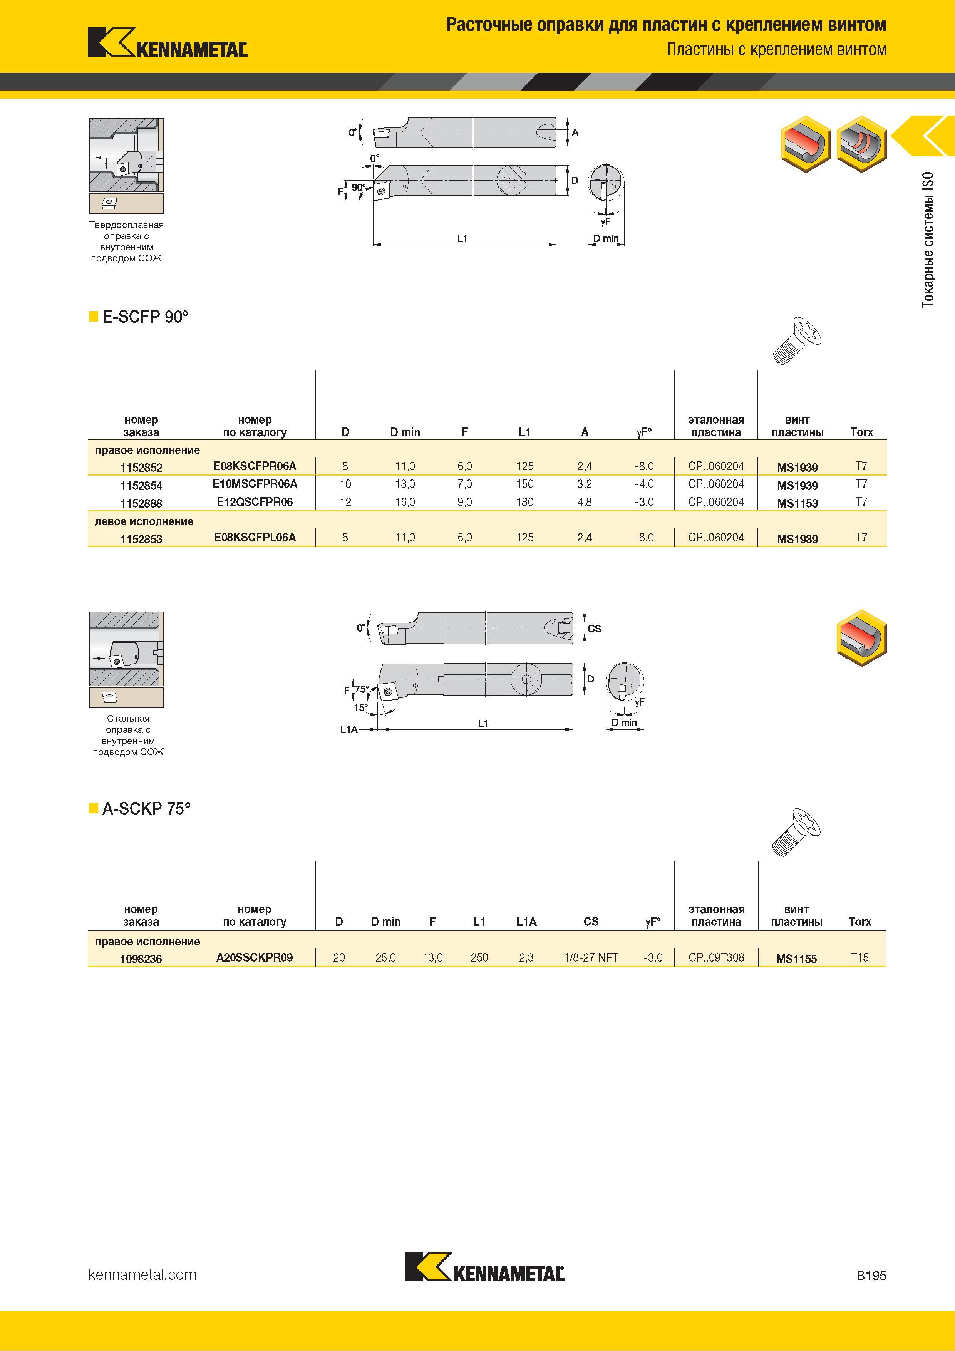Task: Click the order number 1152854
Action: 141,485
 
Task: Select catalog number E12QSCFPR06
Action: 255,502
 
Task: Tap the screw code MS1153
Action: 797,503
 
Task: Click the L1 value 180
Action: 525,502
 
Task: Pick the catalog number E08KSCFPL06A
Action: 255,537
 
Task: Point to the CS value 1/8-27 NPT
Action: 591,957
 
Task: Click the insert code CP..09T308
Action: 716,957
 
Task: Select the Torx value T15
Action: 859,957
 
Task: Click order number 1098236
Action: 141,959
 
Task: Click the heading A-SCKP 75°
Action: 146,808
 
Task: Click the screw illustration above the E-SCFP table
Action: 797,340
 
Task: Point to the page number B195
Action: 871,1276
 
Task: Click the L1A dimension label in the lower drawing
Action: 349,730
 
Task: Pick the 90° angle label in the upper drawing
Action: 359,188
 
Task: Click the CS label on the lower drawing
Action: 594,629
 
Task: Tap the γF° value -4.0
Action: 644,484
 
